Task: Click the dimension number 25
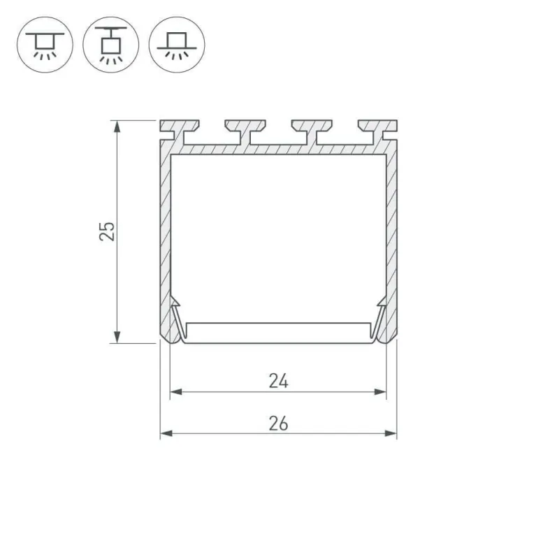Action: click(x=107, y=231)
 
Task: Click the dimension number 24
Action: click(x=279, y=381)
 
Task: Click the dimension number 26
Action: click(x=279, y=423)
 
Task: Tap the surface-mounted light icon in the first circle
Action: click(x=45, y=45)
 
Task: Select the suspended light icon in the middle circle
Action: click(x=110, y=45)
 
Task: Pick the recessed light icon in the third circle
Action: click(x=177, y=45)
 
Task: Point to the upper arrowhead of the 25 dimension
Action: click(x=117, y=126)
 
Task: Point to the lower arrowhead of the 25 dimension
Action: click(x=117, y=337)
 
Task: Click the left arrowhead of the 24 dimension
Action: click(x=175, y=392)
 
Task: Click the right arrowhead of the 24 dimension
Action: click(x=380, y=392)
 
